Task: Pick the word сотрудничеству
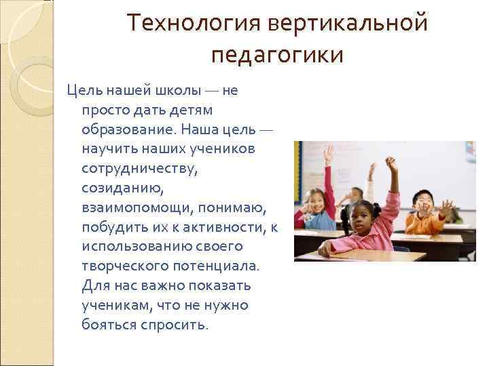(139, 168)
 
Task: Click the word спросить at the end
(174, 325)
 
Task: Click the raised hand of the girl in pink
(391, 163)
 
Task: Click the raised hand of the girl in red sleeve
(329, 153)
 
